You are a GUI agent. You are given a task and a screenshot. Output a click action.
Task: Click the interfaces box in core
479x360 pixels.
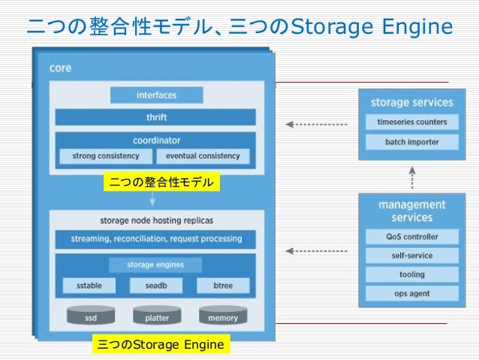[156, 95]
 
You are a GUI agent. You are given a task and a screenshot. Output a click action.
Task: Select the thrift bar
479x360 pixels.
[156, 117]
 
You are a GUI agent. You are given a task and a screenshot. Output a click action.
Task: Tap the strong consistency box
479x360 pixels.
[105, 156]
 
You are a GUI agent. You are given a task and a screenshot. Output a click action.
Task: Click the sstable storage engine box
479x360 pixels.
[89, 286]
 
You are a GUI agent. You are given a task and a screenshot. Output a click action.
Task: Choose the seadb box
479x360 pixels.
[156, 286]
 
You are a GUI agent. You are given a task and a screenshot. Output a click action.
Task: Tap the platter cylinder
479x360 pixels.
[156, 316]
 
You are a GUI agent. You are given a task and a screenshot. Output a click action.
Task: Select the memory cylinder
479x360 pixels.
[223, 316]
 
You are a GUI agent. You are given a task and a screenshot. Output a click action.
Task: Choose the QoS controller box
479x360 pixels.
[411, 237]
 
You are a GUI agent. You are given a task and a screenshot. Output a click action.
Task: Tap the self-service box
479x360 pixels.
[411, 256]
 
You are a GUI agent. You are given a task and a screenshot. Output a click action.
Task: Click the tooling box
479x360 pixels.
[411, 274]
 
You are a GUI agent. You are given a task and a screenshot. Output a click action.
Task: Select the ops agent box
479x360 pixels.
[411, 294]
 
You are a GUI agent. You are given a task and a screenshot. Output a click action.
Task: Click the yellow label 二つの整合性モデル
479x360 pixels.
[161, 182]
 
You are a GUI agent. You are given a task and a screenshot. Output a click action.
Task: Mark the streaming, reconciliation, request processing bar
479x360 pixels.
[156, 239]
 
